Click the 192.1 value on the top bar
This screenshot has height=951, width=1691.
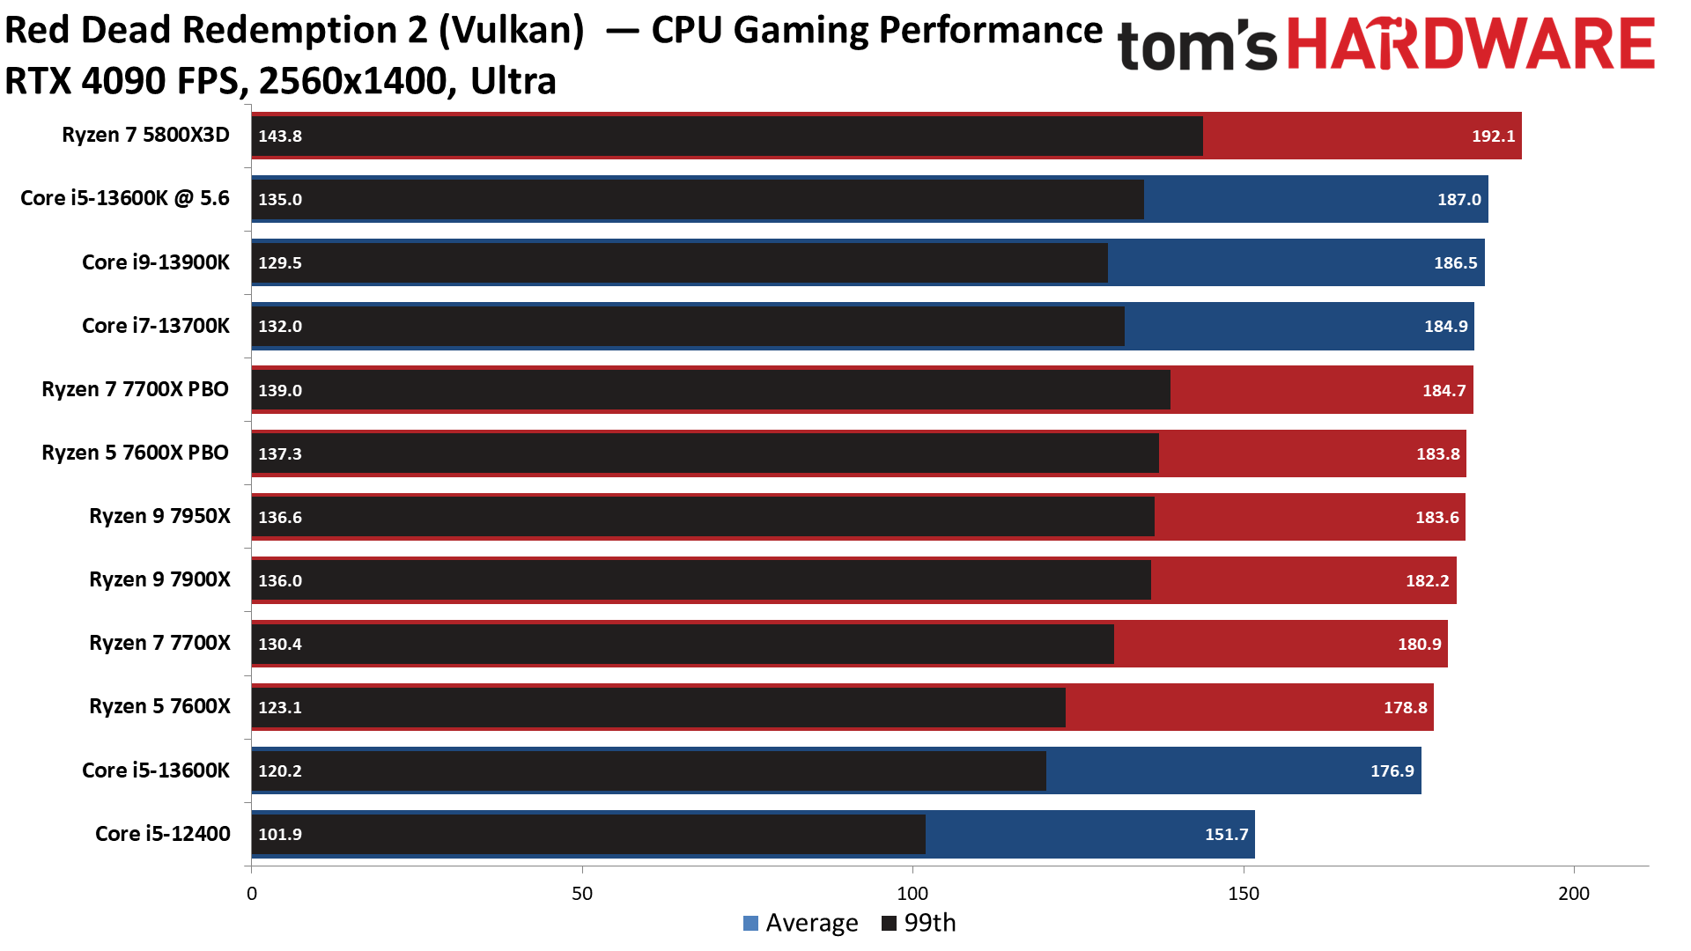(x=1493, y=136)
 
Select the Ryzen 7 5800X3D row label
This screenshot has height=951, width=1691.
(x=145, y=135)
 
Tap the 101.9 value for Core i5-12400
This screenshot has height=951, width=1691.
(x=280, y=834)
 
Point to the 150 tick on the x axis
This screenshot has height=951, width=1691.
(x=1243, y=894)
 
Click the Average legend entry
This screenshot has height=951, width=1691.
(x=801, y=923)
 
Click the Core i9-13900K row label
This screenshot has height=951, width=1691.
(x=155, y=262)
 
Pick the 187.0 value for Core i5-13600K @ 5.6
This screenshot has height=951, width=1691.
(x=1459, y=199)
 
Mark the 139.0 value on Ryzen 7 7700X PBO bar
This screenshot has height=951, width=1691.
(x=280, y=390)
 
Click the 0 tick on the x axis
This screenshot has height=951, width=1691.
(x=252, y=894)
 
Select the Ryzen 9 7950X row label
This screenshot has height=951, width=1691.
(x=159, y=516)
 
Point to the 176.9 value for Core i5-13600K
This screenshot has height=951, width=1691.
(x=1392, y=770)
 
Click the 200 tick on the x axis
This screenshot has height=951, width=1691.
(x=1574, y=894)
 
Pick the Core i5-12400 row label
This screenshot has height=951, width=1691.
(x=162, y=834)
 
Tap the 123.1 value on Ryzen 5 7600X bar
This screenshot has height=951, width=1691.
(x=280, y=707)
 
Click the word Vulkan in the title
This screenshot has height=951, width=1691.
(x=511, y=31)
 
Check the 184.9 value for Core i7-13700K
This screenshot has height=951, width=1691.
(x=1445, y=326)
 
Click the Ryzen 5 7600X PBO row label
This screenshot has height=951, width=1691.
(x=135, y=453)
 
